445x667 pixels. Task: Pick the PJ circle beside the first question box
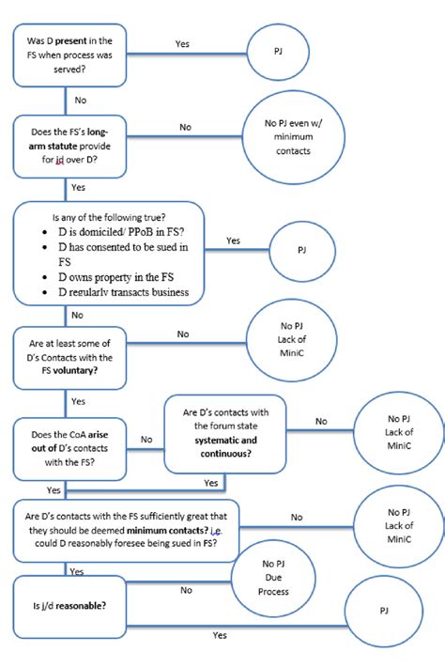tap(278, 50)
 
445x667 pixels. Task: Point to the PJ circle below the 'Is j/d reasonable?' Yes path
tap(384, 611)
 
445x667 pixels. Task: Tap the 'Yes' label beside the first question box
tap(183, 43)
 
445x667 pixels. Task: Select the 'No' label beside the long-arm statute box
tap(185, 127)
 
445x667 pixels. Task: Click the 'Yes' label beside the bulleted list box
tap(234, 240)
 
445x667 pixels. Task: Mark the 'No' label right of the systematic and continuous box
tap(321, 420)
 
